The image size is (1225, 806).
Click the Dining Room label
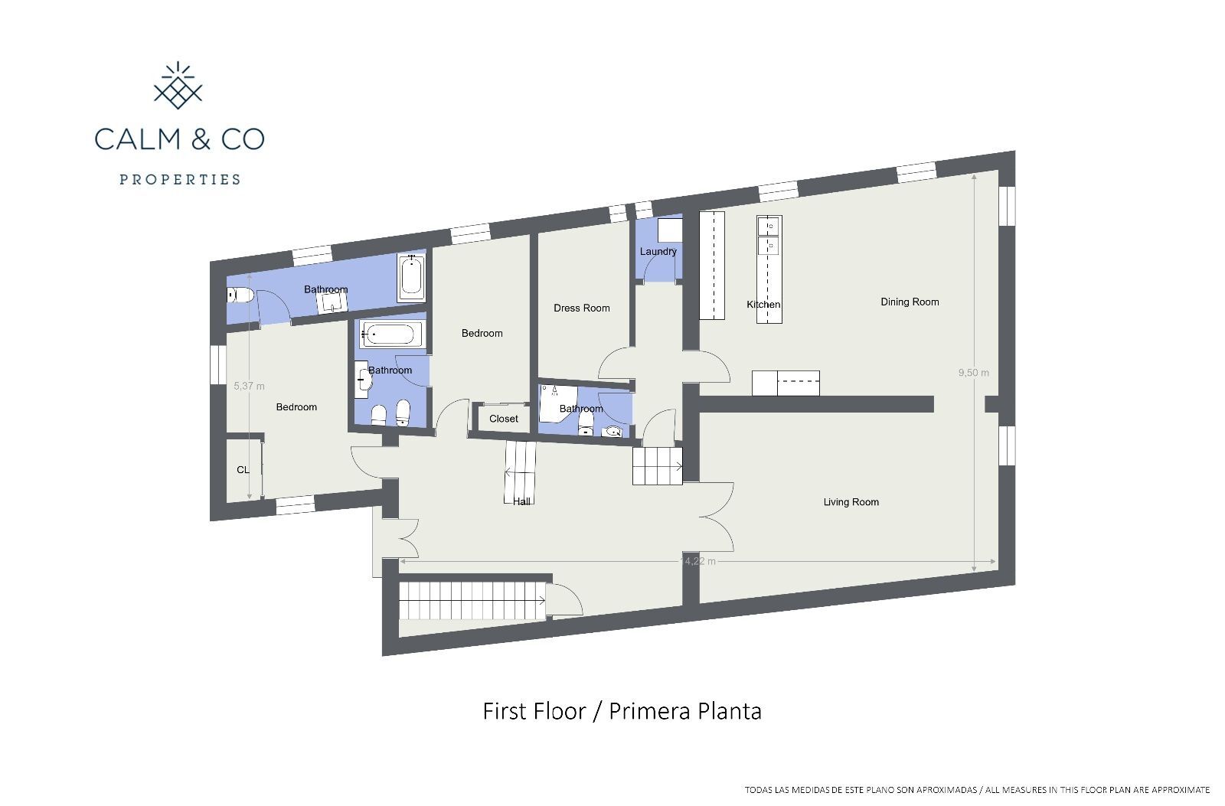pyautogui.click(x=910, y=302)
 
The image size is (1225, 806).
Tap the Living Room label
pyautogui.click(x=851, y=502)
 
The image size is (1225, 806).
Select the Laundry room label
pyautogui.click(x=658, y=251)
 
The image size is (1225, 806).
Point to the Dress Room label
pyautogui.click(x=582, y=308)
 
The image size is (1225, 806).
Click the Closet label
pyautogui.click(x=503, y=419)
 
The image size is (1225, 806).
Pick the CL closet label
pyautogui.click(x=243, y=470)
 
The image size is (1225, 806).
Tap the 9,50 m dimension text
pyautogui.click(x=973, y=373)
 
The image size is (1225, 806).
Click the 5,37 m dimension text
pyautogui.click(x=249, y=387)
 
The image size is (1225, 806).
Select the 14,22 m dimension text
pyautogui.click(x=697, y=561)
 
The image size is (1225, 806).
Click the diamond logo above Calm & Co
pyautogui.click(x=178, y=86)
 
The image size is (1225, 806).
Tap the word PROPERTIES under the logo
pyautogui.click(x=180, y=180)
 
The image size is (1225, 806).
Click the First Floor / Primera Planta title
pyautogui.click(x=622, y=711)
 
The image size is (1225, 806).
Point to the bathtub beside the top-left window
pyautogui.click(x=411, y=278)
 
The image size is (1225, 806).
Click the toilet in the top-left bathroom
pyautogui.click(x=240, y=295)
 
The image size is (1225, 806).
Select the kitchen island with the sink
pyautogui.click(x=769, y=269)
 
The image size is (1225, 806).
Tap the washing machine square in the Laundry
pyautogui.click(x=670, y=230)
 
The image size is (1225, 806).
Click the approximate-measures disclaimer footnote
pyautogui.click(x=977, y=789)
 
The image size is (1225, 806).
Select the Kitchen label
pyautogui.click(x=763, y=305)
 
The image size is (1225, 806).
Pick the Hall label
pyautogui.click(x=521, y=501)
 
